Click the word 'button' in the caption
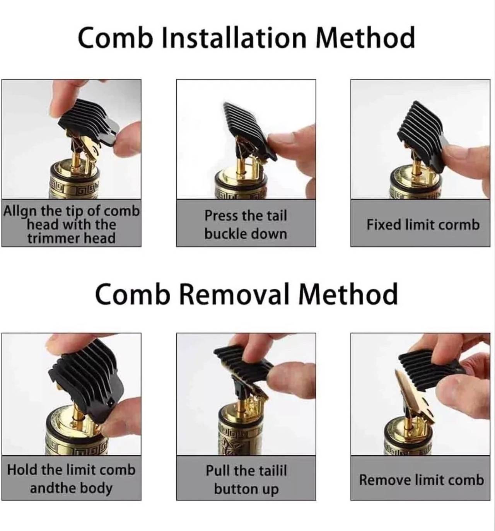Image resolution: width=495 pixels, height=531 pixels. tap(231, 489)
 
